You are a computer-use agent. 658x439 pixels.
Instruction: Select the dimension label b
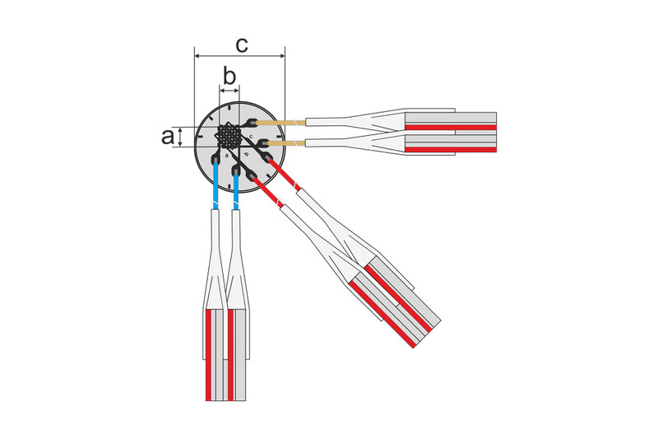pyautogui.click(x=229, y=77)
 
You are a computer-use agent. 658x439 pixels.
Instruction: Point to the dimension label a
pyautogui.click(x=167, y=137)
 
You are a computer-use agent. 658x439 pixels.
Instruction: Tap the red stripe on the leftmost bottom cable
pyautogui.click(x=210, y=354)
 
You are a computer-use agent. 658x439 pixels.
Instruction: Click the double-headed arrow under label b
pyautogui.click(x=229, y=89)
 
